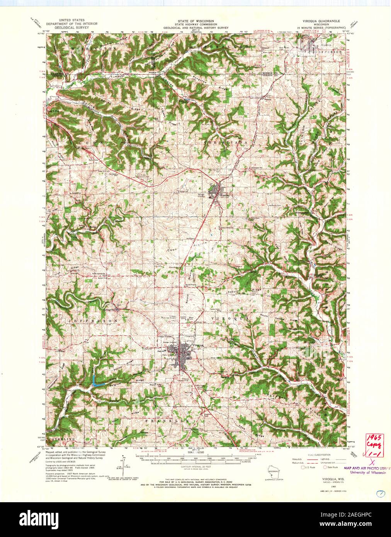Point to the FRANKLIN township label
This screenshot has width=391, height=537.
(x=167, y=420)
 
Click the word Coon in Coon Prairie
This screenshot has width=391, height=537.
(x=172, y=250)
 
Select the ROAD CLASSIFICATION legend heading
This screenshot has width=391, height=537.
(x=314, y=455)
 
